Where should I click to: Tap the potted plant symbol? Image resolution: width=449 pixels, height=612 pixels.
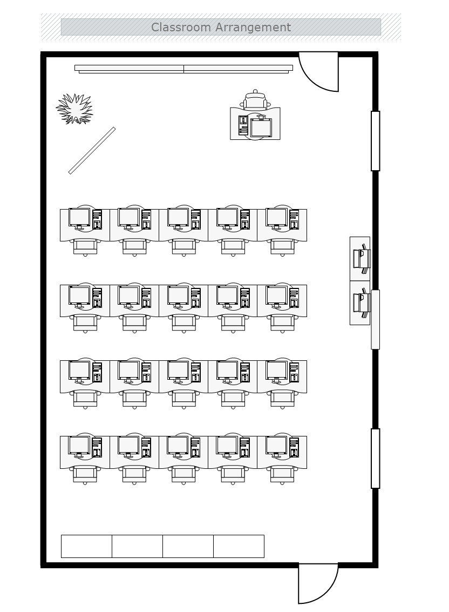pyautogui.click(x=74, y=109)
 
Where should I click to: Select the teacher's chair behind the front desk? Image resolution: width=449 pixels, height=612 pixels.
pyautogui.click(x=255, y=99)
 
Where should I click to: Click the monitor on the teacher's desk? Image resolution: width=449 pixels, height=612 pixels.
pyautogui.click(x=261, y=127)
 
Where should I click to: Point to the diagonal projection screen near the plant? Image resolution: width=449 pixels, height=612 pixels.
pyautogui.click(x=92, y=151)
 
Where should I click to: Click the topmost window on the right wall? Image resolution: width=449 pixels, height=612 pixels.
pyautogui.click(x=375, y=141)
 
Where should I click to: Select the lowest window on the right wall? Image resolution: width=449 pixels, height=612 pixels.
pyautogui.click(x=375, y=459)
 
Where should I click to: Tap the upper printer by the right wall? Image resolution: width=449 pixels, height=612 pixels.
pyautogui.click(x=361, y=258)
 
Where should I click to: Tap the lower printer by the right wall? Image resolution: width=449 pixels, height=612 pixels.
pyautogui.click(x=361, y=303)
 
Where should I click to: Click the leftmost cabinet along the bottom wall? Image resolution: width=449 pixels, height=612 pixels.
pyautogui.click(x=86, y=547)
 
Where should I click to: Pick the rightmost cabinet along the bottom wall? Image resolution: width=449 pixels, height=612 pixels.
pyautogui.click(x=239, y=547)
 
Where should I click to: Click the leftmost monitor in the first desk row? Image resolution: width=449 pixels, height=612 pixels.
pyautogui.click(x=79, y=218)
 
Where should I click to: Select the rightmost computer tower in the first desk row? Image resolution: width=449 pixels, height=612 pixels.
pyautogui.click(x=294, y=219)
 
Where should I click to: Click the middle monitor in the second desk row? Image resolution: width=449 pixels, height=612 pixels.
pyautogui.click(x=178, y=296)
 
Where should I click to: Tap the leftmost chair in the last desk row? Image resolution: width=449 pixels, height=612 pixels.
pyautogui.click(x=85, y=475)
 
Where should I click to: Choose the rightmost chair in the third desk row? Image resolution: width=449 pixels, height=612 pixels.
pyautogui.click(x=282, y=399)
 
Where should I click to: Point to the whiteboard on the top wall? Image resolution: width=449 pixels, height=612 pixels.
pyautogui.click(x=183, y=69)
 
